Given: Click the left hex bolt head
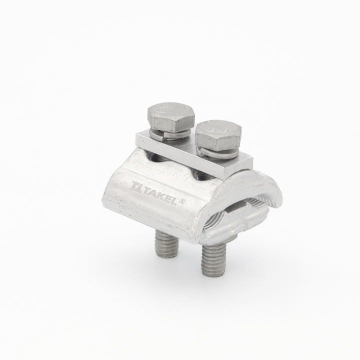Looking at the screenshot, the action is tap(170, 119).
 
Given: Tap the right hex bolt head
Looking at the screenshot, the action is tap(217, 135).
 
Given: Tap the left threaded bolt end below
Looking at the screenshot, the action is tap(162, 240).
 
